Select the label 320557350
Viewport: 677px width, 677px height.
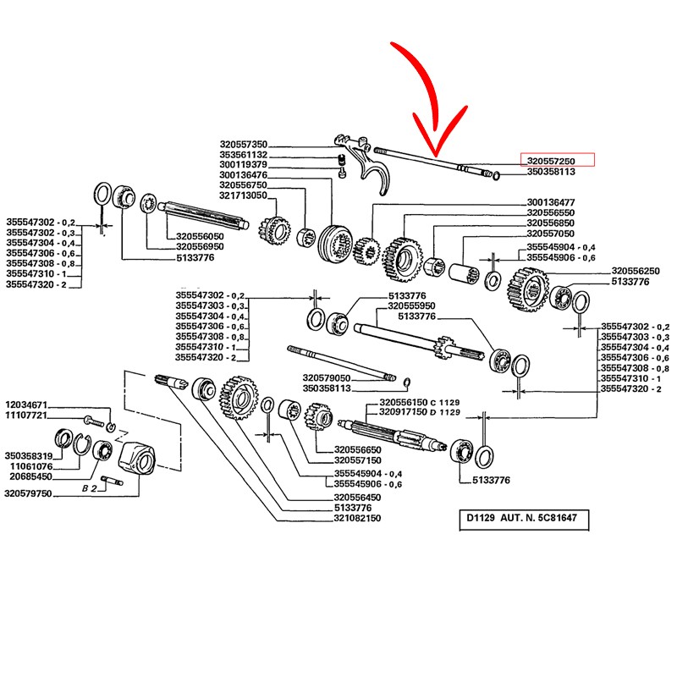pyautogui.click(x=243, y=145)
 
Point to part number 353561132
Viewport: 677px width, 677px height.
pyautogui.click(x=243, y=155)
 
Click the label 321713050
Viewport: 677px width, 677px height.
pyautogui.click(x=243, y=195)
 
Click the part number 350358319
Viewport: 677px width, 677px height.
pyautogui.click(x=30, y=455)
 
